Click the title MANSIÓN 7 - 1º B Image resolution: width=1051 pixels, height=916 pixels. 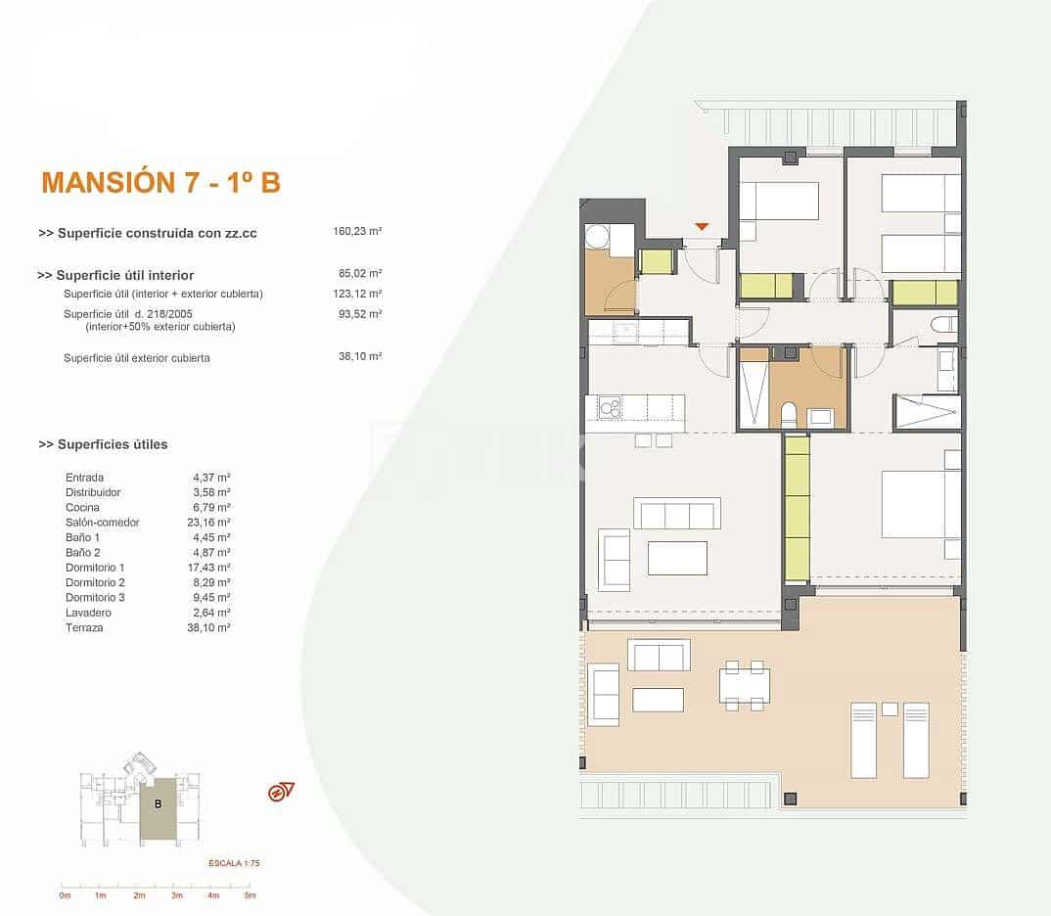click(160, 182)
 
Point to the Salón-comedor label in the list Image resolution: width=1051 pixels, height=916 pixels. click(102, 523)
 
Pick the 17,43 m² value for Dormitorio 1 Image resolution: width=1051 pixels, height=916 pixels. click(211, 568)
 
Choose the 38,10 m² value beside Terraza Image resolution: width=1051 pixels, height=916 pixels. click(207, 628)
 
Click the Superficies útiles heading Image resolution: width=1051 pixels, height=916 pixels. click(103, 444)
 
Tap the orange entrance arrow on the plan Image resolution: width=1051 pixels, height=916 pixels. click(701, 227)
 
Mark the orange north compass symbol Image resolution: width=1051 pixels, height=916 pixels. click(281, 792)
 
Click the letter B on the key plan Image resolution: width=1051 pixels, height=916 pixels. click(157, 803)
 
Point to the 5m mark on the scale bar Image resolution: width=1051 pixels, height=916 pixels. click(250, 894)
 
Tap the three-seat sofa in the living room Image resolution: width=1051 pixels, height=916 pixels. click(676, 514)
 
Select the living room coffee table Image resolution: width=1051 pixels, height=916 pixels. click(677, 558)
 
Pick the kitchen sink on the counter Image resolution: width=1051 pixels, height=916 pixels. click(610, 406)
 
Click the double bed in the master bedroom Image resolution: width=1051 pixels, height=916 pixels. click(920, 504)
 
